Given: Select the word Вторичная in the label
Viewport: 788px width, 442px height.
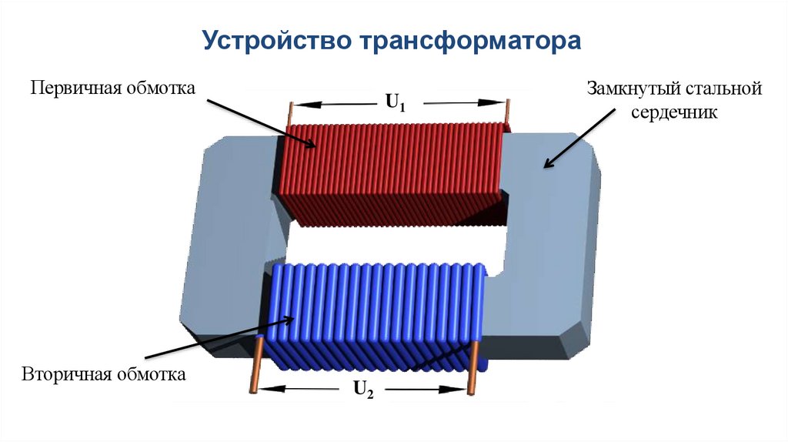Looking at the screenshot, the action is [x=67, y=376].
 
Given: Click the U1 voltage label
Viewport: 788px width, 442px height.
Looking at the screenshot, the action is [x=395, y=102].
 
